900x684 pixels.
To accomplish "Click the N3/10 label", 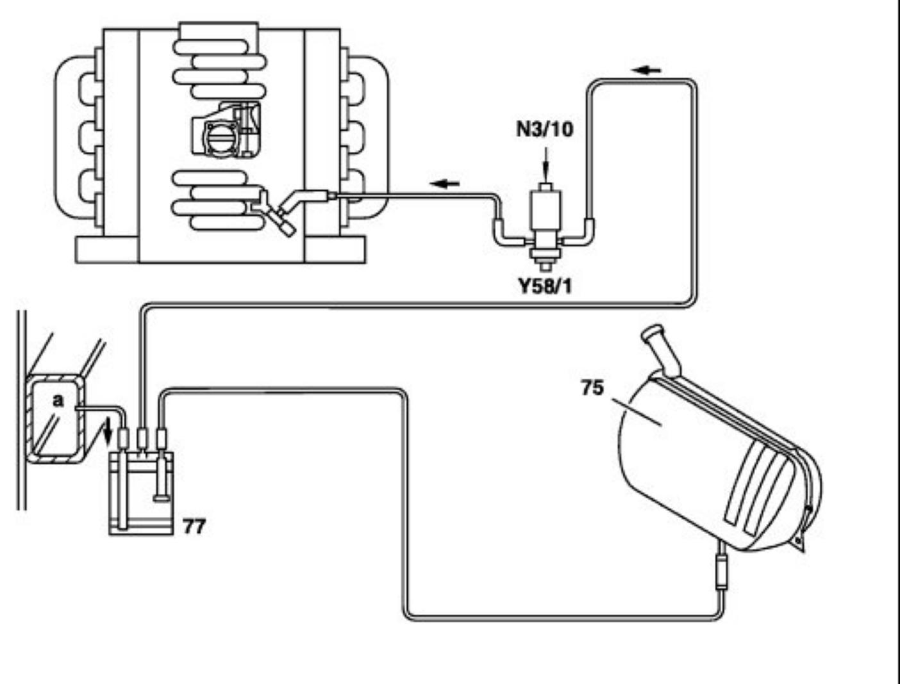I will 545,129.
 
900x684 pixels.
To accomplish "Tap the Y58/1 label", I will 545,286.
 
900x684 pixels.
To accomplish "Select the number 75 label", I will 592,387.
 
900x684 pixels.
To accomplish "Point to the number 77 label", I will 194,526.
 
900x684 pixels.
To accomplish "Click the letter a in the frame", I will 58,401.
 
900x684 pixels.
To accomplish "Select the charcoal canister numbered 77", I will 142,493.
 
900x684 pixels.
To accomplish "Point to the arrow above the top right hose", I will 648,69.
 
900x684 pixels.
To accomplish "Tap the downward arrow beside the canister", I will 108,427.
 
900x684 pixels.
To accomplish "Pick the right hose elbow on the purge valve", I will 585,231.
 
